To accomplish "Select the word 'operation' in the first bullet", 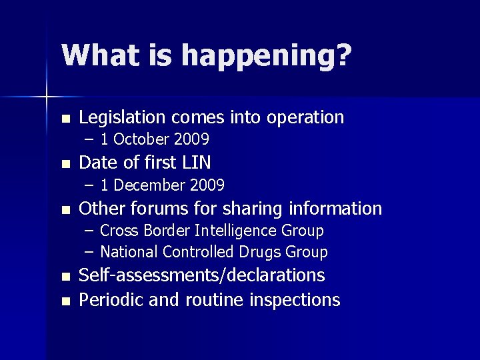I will click(x=305, y=119).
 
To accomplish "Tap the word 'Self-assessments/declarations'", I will click(x=202, y=275).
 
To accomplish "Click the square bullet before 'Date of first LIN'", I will click(x=64, y=163).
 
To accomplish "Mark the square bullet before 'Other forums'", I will click(x=64, y=209).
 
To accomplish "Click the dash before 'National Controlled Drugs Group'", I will click(x=90, y=253).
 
